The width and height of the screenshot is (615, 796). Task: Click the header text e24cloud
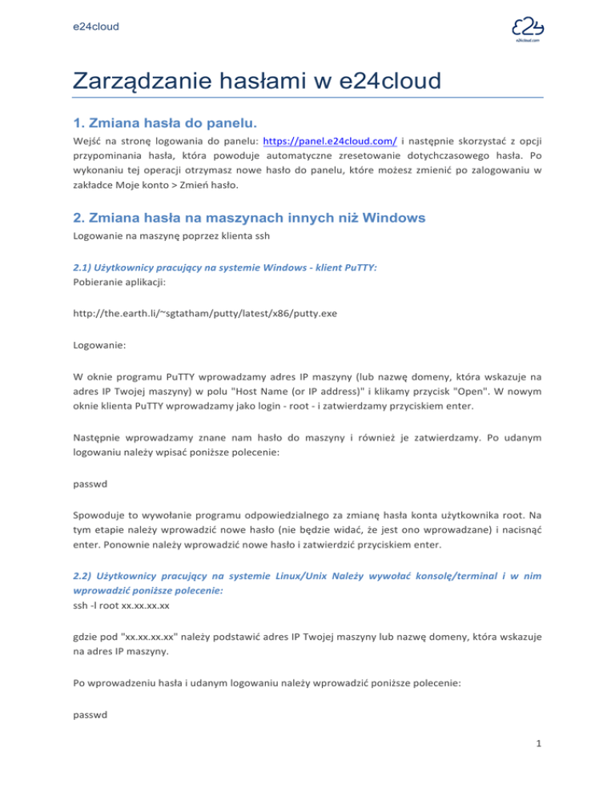pyautogui.click(x=94, y=27)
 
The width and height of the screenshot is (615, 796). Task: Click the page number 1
pyautogui.click(x=539, y=770)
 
